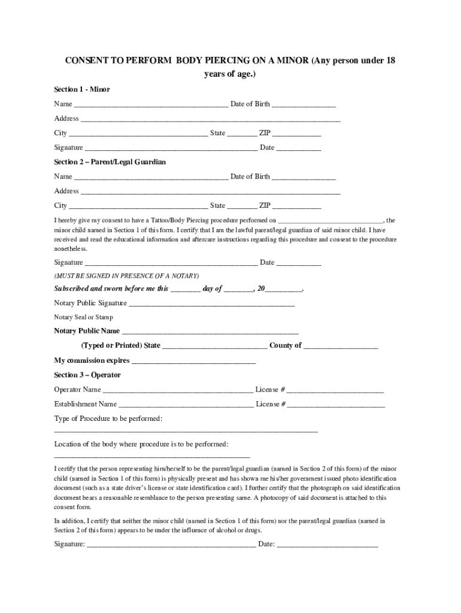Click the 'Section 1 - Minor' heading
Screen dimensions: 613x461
click(x=82, y=89)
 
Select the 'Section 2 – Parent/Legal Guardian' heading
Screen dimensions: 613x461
click(x=110, y=162)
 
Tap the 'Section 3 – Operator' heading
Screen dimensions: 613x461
click(x=87, y=375)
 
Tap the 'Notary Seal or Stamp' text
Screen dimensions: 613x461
click(x=83, y=317)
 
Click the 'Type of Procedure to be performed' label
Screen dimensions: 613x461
click(x=108, y=418)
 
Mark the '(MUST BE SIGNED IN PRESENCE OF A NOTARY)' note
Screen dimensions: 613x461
click(x=126, y=276)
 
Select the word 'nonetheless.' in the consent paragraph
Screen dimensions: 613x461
click(x=71, y=248)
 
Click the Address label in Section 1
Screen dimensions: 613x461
click(x=66, y=119)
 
